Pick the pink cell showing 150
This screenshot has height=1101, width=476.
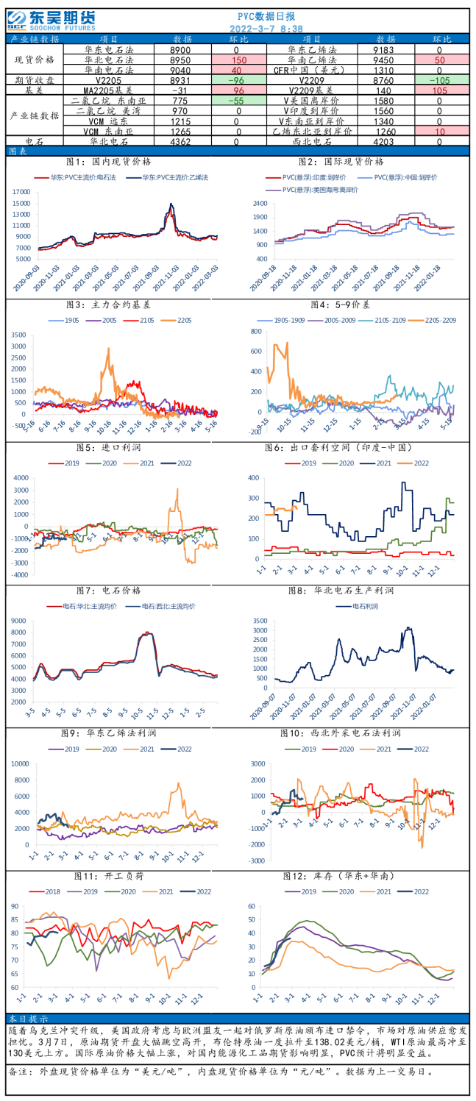tap(238, 60)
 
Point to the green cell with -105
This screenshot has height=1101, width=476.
tap(439, 80)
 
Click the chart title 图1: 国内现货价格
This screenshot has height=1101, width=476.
tap(109, 161)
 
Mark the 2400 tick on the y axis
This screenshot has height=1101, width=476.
tap(259, 203)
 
